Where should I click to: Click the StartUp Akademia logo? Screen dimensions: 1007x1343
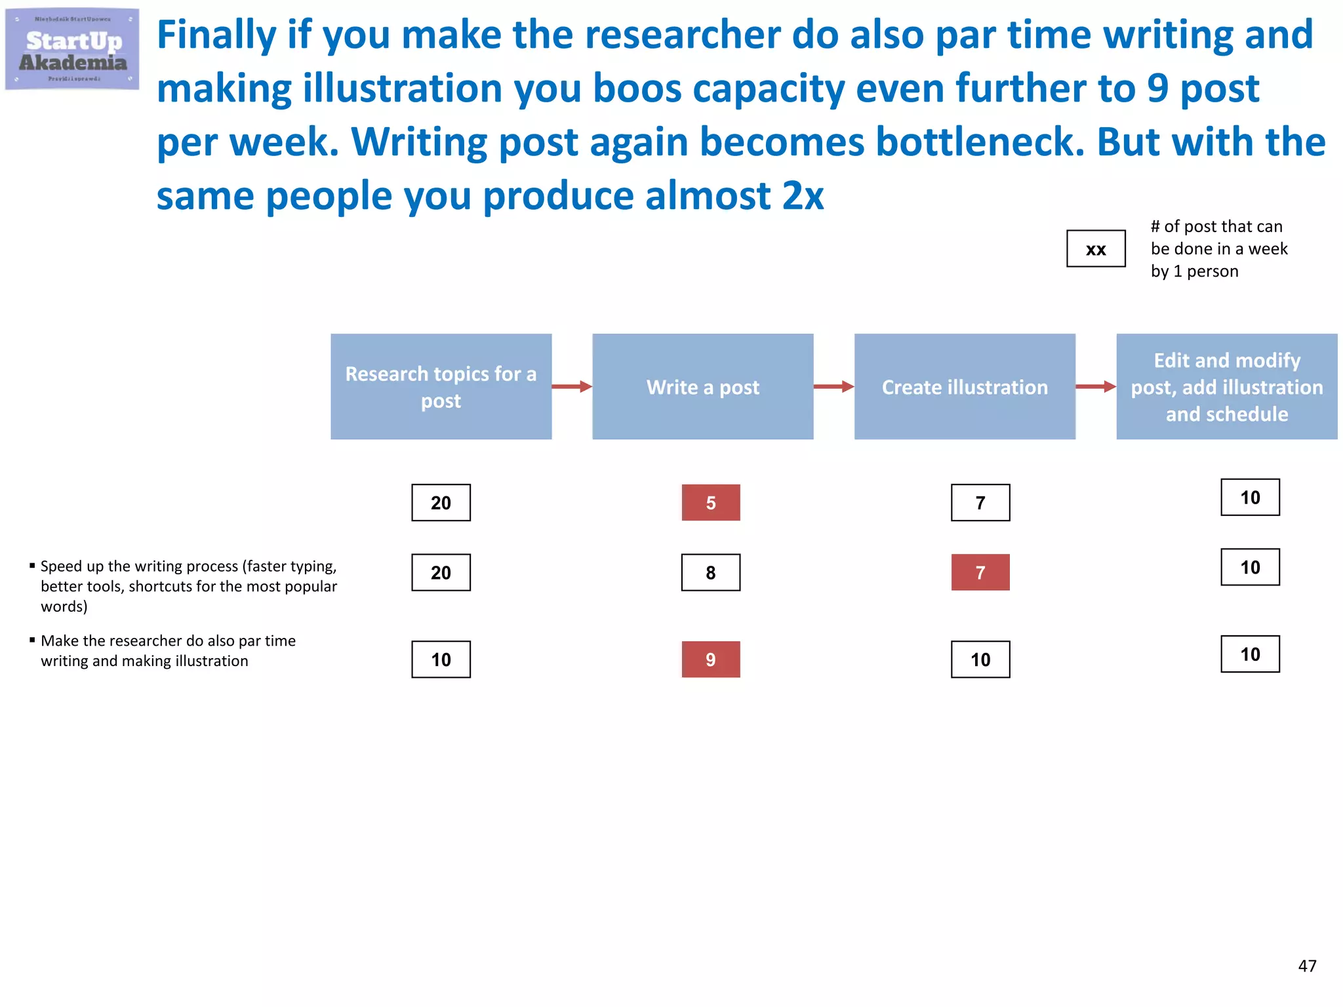coord(72,49)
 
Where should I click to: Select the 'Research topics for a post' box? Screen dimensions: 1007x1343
coord(441,387)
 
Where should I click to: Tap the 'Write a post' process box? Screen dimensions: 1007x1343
coord(702,387)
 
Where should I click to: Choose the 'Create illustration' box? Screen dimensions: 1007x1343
coord(965,387)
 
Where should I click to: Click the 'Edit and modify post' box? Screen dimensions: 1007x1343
coord(1226,387)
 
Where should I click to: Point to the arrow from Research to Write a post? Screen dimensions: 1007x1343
coord(572,387)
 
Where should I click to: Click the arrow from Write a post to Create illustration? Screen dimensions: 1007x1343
coord(833,387)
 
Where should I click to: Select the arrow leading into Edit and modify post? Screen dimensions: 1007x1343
coord(1096,387)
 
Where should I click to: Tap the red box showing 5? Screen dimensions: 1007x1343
coord(711,503)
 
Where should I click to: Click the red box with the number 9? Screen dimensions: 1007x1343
coord(711,660)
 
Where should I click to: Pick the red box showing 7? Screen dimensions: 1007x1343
coord(980,572)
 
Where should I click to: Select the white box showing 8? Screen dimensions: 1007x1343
coord(711,572)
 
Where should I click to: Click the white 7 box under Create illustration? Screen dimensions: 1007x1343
coord(980,503)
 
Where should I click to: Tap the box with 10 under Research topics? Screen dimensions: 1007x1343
coord(441,660)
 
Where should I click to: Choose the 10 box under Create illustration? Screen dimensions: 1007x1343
coord(980,660)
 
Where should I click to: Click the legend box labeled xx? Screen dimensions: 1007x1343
coord(1096,249)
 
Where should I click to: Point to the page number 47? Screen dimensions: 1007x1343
coord(1307,966)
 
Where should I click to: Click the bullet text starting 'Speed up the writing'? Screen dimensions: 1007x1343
coord(189,586)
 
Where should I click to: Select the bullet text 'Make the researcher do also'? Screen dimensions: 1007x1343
coord(168,650)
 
